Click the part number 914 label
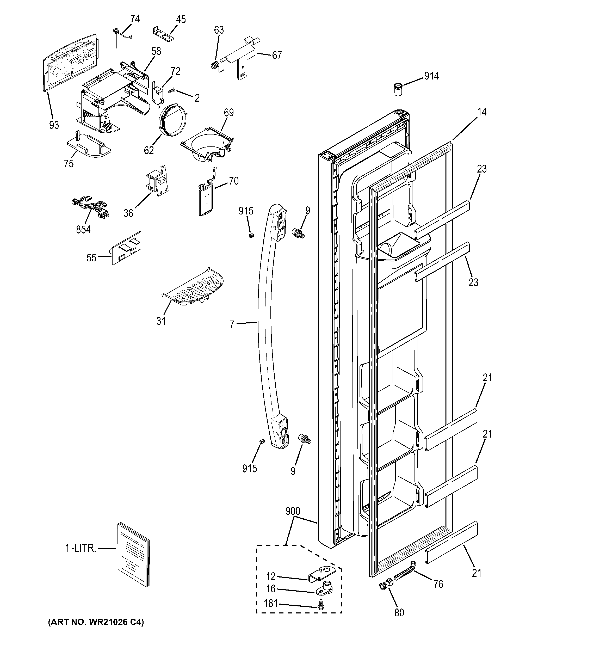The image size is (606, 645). coord(431,76)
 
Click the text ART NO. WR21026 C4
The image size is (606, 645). coord(96,622)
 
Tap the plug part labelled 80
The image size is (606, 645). coord(384,586)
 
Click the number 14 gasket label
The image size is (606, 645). coord(482,112)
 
